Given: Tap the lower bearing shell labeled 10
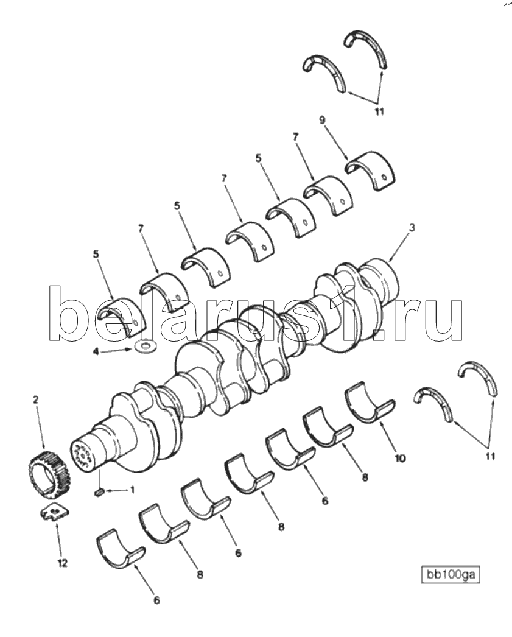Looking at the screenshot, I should coord(370,403).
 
